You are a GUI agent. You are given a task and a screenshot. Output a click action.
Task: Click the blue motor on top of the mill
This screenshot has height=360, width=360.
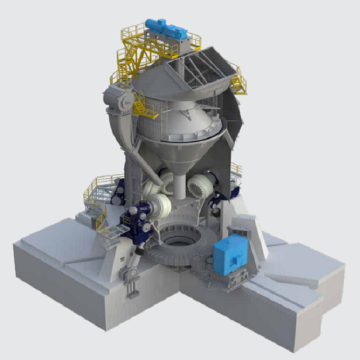[x=166, y=29]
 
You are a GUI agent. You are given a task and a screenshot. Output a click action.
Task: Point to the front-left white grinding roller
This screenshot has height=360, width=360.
[x=160, y=210]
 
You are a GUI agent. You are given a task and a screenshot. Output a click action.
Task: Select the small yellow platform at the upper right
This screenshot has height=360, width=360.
[x=239, y=82]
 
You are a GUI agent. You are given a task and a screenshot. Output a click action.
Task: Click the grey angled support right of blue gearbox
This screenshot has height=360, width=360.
[x=256, y=236]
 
